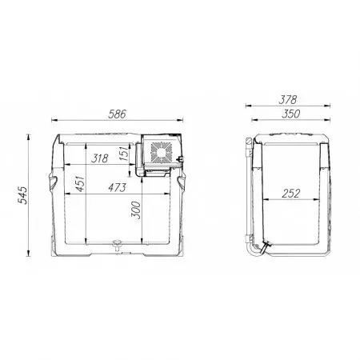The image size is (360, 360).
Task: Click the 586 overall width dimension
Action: pos(117,114)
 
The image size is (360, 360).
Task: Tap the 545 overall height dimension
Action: pos(22,195)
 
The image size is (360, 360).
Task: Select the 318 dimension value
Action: pos(100,158)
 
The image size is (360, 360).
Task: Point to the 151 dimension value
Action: pos(124,154)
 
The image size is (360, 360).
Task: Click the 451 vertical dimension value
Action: pos(80,184)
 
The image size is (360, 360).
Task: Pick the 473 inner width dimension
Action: pos(117,188)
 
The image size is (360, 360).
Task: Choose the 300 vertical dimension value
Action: pos(136,210)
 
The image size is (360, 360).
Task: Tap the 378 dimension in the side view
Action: pos(288,100)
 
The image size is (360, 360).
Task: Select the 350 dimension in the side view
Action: pos(290,114)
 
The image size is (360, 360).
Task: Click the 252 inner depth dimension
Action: pos(291,194)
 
